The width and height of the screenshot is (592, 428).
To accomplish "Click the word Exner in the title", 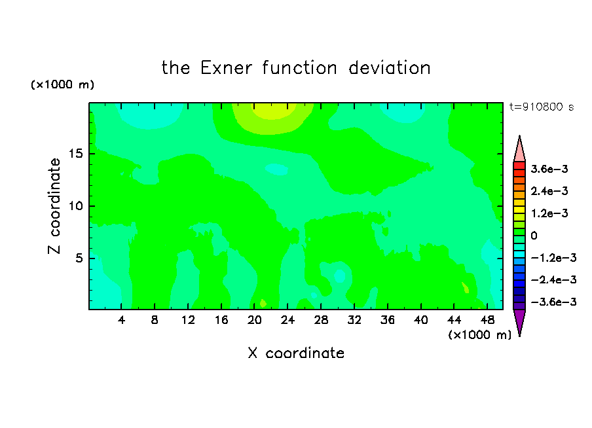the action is click(x=226, y=68).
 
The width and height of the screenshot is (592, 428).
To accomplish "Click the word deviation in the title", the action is click(x=390, y=68).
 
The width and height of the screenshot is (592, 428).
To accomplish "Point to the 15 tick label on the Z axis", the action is click(x=75, y=154).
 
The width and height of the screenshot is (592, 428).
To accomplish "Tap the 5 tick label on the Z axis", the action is click(x=79, y=258).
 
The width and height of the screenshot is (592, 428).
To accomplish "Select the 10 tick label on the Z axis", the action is click(x=75, y=206).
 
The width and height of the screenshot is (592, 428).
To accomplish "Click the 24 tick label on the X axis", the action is click(x=287, y=321).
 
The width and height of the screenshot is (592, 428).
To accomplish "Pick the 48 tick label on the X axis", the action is click(x=487, y=321).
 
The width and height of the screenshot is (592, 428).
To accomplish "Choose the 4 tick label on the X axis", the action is click(x=121, y=321).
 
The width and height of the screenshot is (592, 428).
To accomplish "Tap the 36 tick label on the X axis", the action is click(x=388, y=321).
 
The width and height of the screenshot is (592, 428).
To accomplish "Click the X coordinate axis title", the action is click(x=296, y=353).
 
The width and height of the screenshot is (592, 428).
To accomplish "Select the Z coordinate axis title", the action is click(x=54, y=206).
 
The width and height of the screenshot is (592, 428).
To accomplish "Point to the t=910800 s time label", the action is click(x=542, y=107).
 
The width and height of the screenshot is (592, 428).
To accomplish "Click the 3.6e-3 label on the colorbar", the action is click(x=549, y=169).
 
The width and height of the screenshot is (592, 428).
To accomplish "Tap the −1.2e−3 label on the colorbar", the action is click(x=553, y=258).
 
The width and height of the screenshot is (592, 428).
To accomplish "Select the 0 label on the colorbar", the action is click(x=534, y=236).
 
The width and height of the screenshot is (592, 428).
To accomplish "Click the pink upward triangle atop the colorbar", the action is click(x=519, y=149).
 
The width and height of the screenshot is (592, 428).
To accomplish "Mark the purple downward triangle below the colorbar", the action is click(x=519, y=321).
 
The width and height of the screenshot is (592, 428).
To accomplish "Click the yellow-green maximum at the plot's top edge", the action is click(x=272, y=110).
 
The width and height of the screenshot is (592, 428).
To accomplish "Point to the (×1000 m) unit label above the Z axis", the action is click(x=62, y=84).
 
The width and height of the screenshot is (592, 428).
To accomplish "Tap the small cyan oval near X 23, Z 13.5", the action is click(x=277, y=169).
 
